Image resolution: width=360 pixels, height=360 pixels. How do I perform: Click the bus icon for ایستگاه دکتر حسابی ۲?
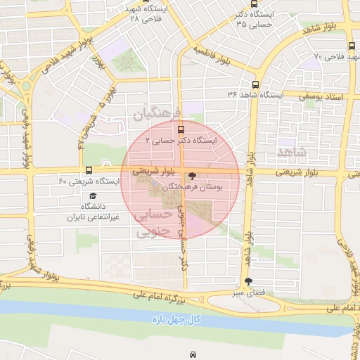181,129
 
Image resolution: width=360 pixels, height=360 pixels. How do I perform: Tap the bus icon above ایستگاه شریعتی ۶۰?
89,169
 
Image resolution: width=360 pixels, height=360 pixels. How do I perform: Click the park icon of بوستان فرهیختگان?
193,176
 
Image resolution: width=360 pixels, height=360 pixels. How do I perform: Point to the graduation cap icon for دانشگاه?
93,195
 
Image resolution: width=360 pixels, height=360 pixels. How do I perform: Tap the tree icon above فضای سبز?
247,281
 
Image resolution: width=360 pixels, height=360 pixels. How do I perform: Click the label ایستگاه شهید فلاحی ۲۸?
146,14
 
